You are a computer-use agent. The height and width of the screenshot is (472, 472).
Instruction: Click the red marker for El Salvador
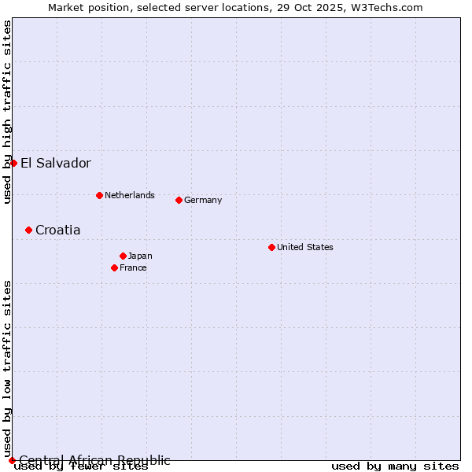click(x=13, y=163)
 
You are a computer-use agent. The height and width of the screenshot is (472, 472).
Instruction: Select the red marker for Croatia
click(x=28, y=230)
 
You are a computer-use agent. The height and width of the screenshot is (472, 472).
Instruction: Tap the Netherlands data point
click(x=99, y=195)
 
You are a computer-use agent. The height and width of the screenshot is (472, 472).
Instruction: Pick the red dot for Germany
click(x=179, y=200)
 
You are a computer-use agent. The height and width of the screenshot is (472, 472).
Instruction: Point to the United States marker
click(x=271, y=247)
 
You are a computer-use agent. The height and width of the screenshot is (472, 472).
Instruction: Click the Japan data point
click(x=123, y=256)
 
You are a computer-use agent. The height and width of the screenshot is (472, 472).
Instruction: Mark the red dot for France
click(x=114, y=267)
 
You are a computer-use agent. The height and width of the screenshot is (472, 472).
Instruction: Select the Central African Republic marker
click(x=12, y=460)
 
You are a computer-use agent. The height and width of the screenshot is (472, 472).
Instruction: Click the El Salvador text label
click(x=56, y=164)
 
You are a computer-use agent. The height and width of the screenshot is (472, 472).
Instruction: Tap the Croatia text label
click(x=57, y=230)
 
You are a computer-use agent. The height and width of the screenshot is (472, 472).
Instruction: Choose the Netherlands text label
click(x=130, y=195)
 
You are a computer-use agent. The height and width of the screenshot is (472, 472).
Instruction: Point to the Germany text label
click(x=203, y=200)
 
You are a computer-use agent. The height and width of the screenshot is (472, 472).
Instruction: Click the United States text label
click(x=305, y=247)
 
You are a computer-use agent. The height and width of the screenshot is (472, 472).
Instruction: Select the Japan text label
click(x=140, y=256)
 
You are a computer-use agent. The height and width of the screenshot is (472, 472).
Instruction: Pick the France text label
click(x=133, y=267)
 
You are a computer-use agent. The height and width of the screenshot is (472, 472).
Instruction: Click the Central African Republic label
click(x=94, y=460)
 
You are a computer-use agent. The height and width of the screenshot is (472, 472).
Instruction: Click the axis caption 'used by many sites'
click(x=395, y=466)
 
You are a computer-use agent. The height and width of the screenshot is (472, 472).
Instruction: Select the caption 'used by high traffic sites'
click(x=7, y=112)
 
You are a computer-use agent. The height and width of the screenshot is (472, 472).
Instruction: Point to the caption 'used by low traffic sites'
click(x=7, y=368)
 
